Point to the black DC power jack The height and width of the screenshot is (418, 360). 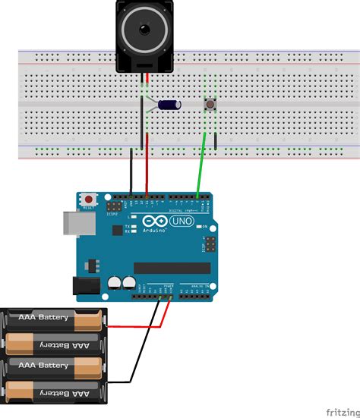pos(84,285)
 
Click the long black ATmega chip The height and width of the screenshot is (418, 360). pos(172,268)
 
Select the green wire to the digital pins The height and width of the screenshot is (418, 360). pos(201,163)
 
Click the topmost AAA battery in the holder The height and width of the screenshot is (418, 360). pos(53,319)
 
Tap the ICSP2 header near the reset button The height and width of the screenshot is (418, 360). pos(114,206)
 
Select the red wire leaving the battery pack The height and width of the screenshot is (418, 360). pos(137,327)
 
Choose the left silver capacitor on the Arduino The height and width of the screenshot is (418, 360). pos(114,282)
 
